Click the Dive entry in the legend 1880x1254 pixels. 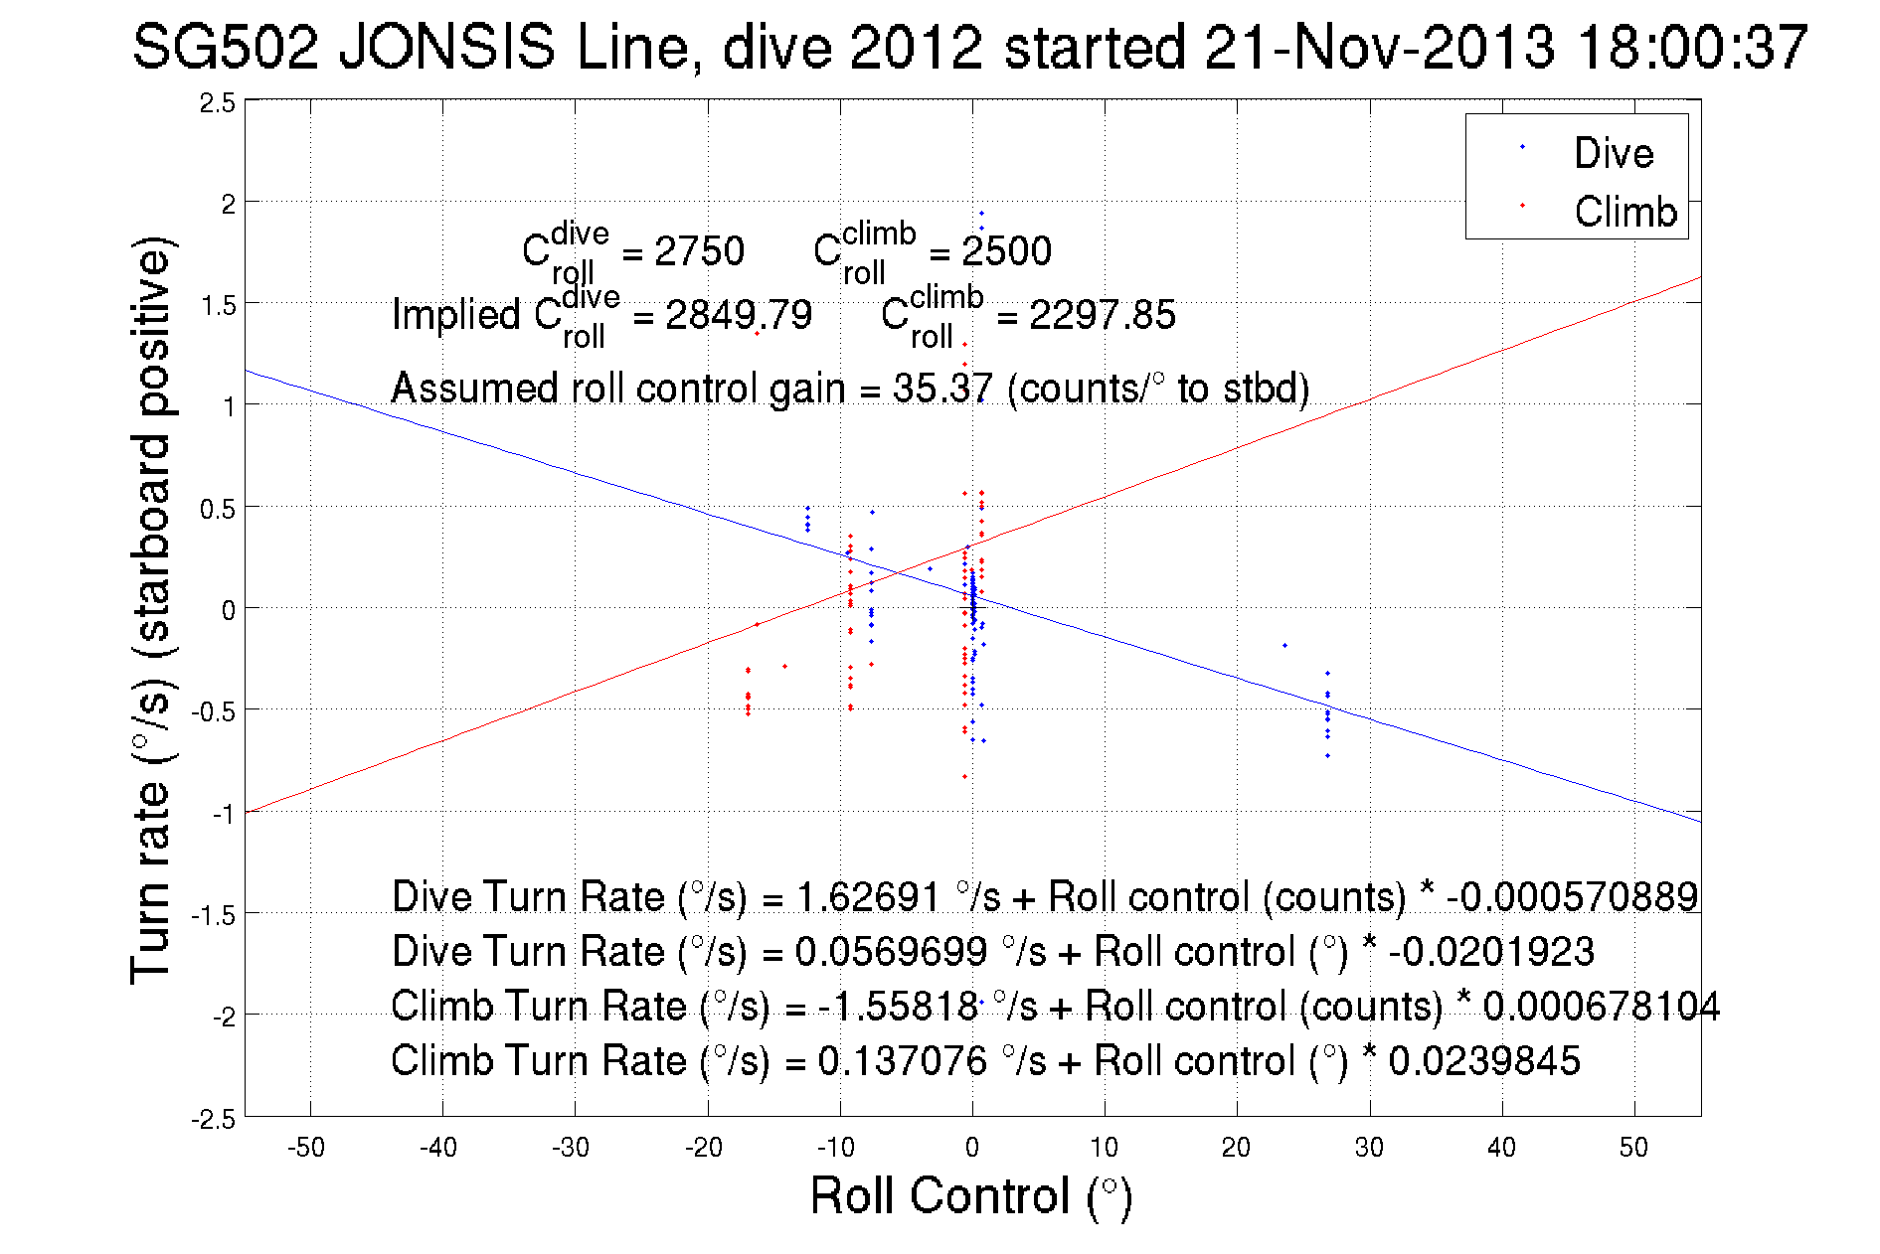click(x=1613, y=153)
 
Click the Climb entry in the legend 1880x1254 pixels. click(x=1624, y=212)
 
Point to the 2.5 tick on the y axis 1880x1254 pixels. click(x=218, y=103)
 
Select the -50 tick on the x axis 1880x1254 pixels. click(x=306, y=1148)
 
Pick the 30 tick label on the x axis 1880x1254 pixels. click(x=1369, y=1148)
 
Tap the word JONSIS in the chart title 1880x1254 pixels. click(x=446, y=47)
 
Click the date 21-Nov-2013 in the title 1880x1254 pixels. click(x=1379, y=47)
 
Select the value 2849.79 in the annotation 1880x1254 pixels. click(x=738, y=315)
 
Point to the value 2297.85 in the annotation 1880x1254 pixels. click(x=1102, y=315)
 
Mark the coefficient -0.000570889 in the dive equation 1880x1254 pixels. click(x=1572, y=896)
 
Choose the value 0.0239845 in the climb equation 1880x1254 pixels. click(x=1483, y=1060)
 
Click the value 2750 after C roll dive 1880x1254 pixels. click(x=699, y=251)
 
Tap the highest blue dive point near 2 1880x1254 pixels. click(x=981, y=213)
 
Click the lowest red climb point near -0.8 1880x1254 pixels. click(x=964, y=776)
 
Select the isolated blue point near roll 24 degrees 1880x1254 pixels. click(x=1284, y=646)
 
